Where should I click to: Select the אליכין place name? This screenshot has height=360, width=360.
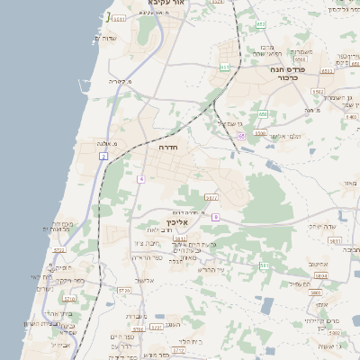click(x=177, y=221)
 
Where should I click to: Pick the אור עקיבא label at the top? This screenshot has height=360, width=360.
click(x=169, y=4)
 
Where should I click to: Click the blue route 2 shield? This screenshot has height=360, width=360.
click(x=103, y=157)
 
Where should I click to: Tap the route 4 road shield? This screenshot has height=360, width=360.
click(x=140, y=179)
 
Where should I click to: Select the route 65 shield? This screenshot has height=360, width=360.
click(x=242, y=136)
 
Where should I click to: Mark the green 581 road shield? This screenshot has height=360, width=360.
click(x=264, y=265)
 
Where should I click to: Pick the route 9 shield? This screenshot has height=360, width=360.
click(x=215, y=217)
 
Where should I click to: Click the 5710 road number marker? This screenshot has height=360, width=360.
click(x=124, y=291)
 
